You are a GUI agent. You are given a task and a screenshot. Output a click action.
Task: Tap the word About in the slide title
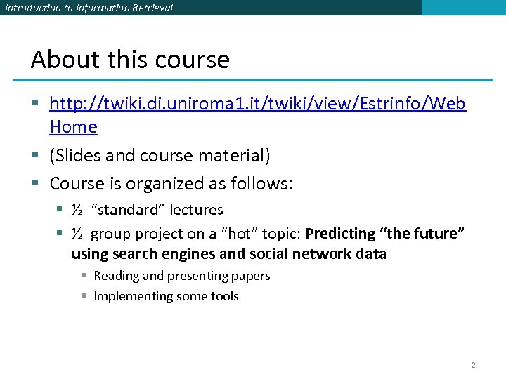(x=56, y=60)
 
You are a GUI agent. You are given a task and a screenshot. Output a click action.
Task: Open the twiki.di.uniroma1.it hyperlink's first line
(x=257, y=105)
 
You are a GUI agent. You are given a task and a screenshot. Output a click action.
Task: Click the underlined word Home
(x=73, y=127)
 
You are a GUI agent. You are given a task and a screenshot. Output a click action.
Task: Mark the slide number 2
(x=473, y=365)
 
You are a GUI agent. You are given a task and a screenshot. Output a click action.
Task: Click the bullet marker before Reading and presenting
(x=84, y=276)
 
